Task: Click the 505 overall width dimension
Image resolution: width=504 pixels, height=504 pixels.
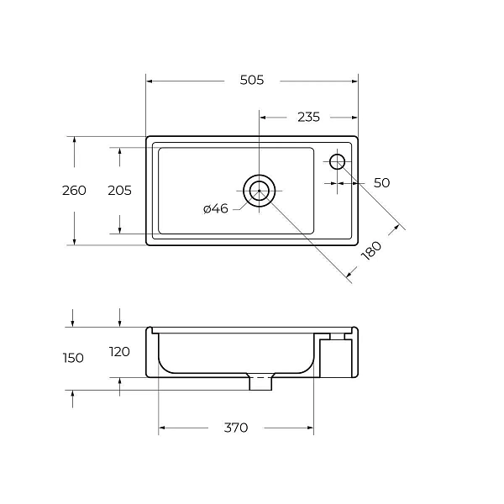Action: pyautogui.click(x=252, y=80)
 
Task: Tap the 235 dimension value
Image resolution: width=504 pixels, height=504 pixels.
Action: pyautogui.click(x=308, y=118)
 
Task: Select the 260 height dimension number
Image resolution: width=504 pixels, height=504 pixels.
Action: pyautogui.click(x=74, y=191)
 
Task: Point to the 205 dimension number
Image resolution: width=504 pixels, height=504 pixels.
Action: pyautogui.click(x=119, y=191)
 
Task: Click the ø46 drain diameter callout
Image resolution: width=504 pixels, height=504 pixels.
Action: pyautogui.click(x=216, y=209)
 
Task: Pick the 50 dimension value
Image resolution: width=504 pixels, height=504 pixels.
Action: pyautogui.click(x=381, y=183)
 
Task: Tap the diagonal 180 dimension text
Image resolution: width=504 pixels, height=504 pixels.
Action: pyautogui.click(x=371, y=250)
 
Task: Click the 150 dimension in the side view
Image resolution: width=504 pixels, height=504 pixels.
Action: pyautogui.click(x=73, y=358)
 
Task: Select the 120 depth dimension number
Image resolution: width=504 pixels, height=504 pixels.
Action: pyautogui.click(x=119, y=352)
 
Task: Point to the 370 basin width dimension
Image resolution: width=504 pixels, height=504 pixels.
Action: pyautogui.click(x=236, y=428)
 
